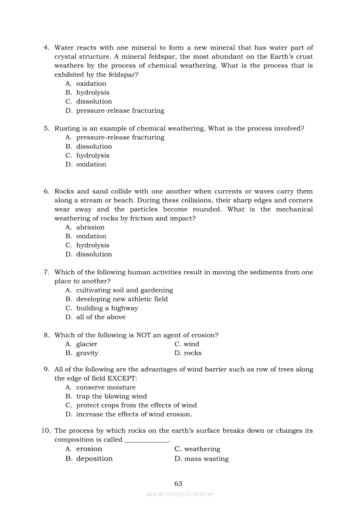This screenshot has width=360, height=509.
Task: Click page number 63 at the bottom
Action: tap(178, 483)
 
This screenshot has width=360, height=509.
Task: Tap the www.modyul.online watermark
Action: tap(180, 494)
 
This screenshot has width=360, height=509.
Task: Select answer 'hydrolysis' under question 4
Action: tap(93, 92)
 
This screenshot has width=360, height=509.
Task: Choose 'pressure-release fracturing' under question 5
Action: tap(120, 137)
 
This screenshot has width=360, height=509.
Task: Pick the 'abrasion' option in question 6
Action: tap(90, 227)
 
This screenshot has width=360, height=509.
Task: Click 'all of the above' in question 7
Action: tap(101, 317)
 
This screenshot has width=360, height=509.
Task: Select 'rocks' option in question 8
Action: tap(193, 353)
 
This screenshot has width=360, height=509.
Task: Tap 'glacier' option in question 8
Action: tap(87, 344)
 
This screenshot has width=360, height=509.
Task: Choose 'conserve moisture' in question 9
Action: tap(106, 388)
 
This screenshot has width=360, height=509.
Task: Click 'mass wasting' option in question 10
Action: tap(206, 458)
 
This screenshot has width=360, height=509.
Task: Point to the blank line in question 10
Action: tap(146, 440)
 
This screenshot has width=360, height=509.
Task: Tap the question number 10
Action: tap(46, 431)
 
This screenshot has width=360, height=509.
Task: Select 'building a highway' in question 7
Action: tap(107, 308)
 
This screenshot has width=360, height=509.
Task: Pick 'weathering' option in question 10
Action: tap(202, 449)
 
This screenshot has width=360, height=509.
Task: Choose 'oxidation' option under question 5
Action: tap(91, 164)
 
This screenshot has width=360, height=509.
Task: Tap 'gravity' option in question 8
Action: tap(87, 353)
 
